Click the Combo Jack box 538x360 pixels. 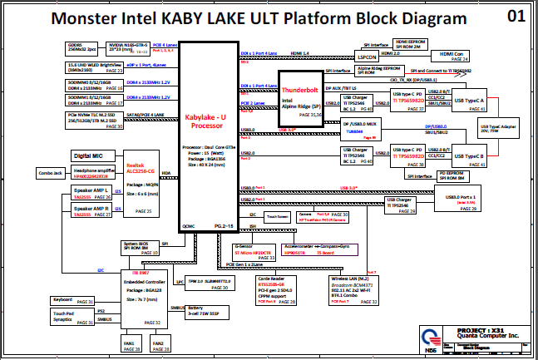click(51, 173)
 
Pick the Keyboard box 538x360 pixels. click(63, 299)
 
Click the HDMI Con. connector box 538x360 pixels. click(452, 56)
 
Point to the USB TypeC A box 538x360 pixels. click(470, 101)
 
